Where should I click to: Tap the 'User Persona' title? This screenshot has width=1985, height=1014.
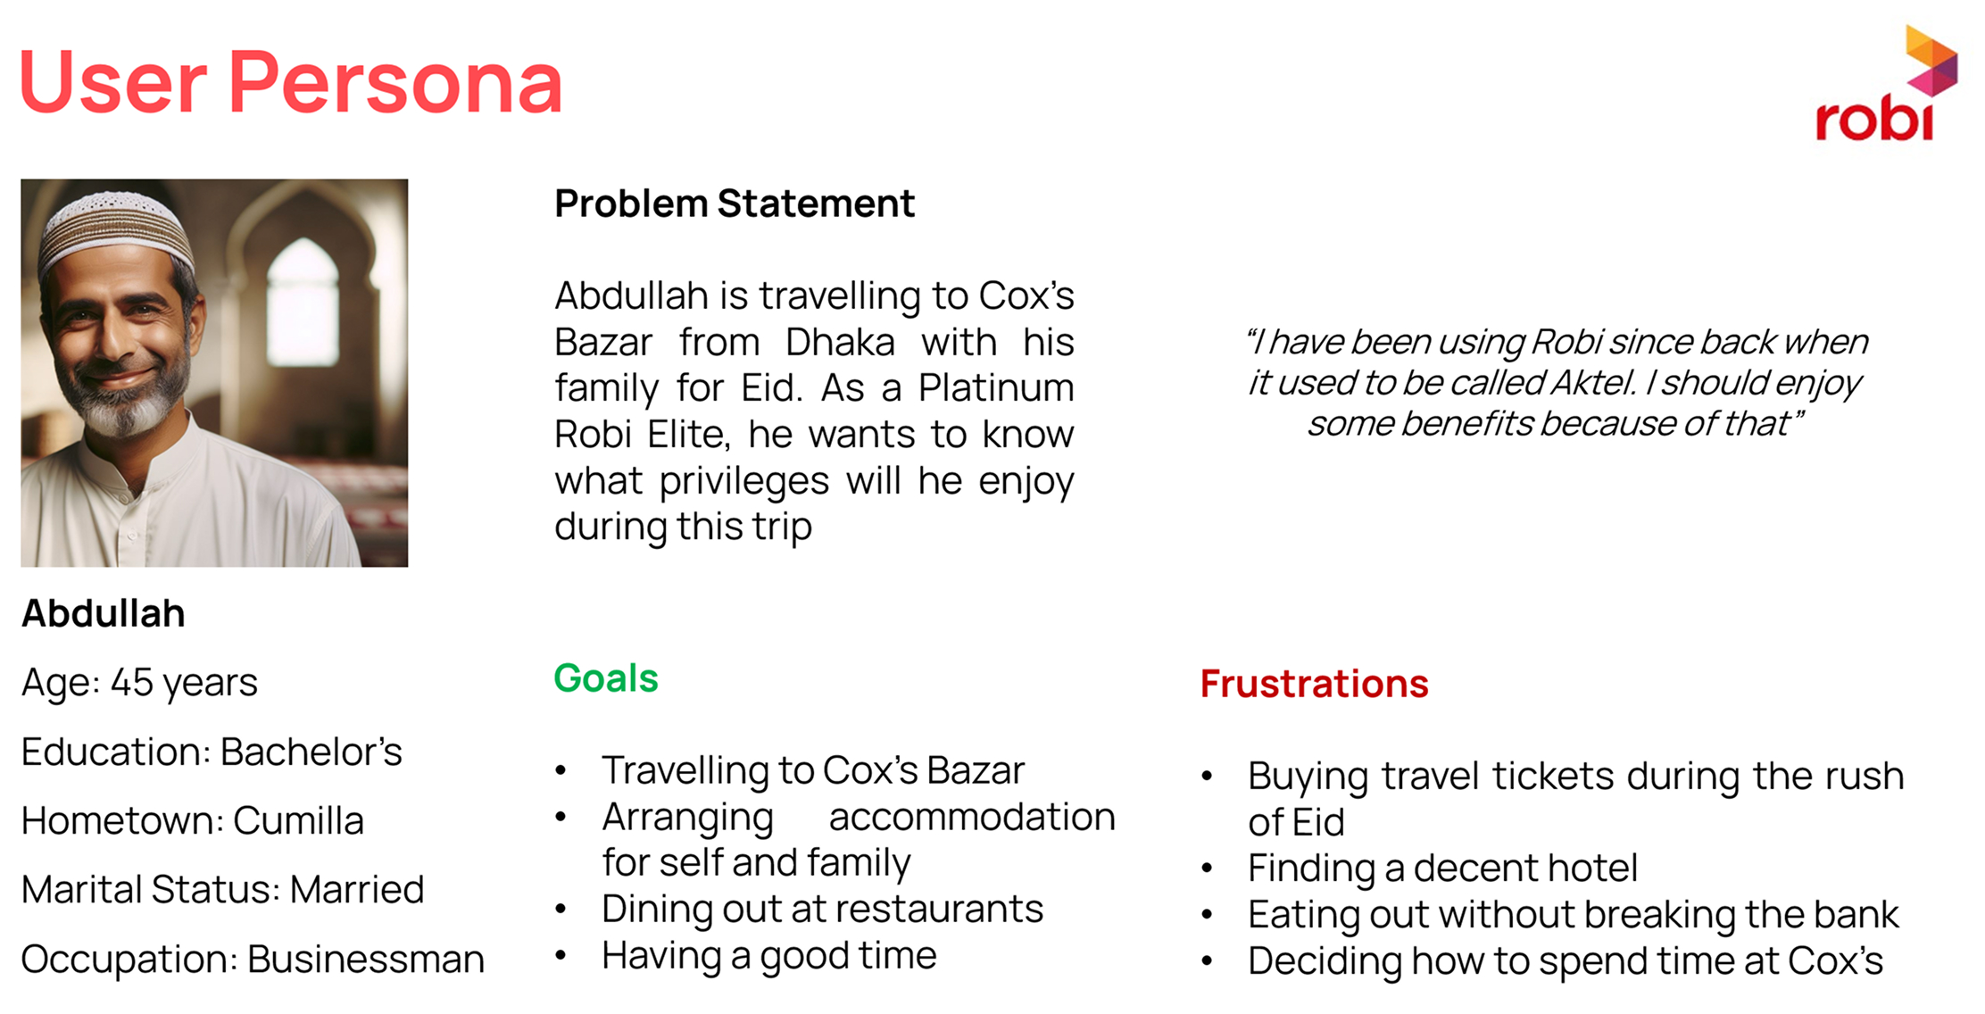click(x=291, y=82)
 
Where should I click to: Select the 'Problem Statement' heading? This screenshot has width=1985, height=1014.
click(x=735, y=204)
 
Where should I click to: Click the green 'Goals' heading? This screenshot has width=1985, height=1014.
click(x=606, y=678)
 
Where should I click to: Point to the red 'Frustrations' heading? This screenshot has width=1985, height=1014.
click(x=1314, y=684)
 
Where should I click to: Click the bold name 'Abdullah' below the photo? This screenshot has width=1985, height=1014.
click(x=104, y=614)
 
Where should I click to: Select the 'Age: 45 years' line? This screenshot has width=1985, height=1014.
click(x=139, y=683)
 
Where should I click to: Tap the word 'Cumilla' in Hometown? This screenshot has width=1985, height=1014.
click(x=299, y=821)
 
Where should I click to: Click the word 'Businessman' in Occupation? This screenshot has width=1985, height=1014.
click(x=366, y=960)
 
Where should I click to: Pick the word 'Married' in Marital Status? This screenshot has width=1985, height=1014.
click(x=357, y=890)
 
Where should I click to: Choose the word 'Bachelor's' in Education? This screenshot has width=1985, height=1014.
click(x=311, y=752)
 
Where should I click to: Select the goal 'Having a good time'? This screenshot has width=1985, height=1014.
click(x=769, y=956)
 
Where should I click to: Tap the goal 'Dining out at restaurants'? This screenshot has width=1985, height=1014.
click(x=822, y=910)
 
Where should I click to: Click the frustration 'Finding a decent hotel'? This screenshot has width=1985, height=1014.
click(x=1442, y=869)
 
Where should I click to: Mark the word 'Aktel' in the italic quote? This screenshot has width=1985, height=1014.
click(x=1594, y=383)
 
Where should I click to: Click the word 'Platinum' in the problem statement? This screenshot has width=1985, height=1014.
click(x=996, y=388)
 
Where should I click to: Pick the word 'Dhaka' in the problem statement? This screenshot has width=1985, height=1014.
click(x=840, y=342)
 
